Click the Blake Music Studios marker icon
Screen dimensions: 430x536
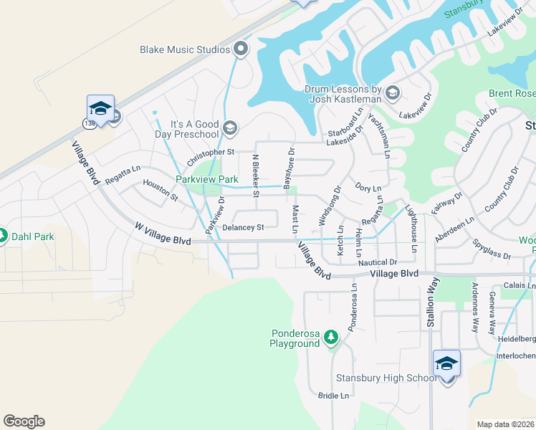(241, 49)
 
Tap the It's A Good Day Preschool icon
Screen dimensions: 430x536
(229, 128)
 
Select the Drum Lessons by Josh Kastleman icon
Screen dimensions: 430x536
(392, 93)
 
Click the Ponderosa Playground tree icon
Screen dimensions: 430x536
(330, 336)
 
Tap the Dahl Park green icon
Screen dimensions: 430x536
(2, 236)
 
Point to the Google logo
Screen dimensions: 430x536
(24, 421)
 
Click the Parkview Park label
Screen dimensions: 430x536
(207, 179)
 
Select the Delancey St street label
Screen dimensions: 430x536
(244, 227)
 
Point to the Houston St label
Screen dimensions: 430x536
(160, 188)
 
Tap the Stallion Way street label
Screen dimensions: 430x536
(431, 305)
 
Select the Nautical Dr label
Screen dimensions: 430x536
(383, 263)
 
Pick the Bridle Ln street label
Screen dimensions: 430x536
(333, 395)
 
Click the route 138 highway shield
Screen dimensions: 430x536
(90, 123)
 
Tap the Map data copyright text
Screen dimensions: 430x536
(506, 424)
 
